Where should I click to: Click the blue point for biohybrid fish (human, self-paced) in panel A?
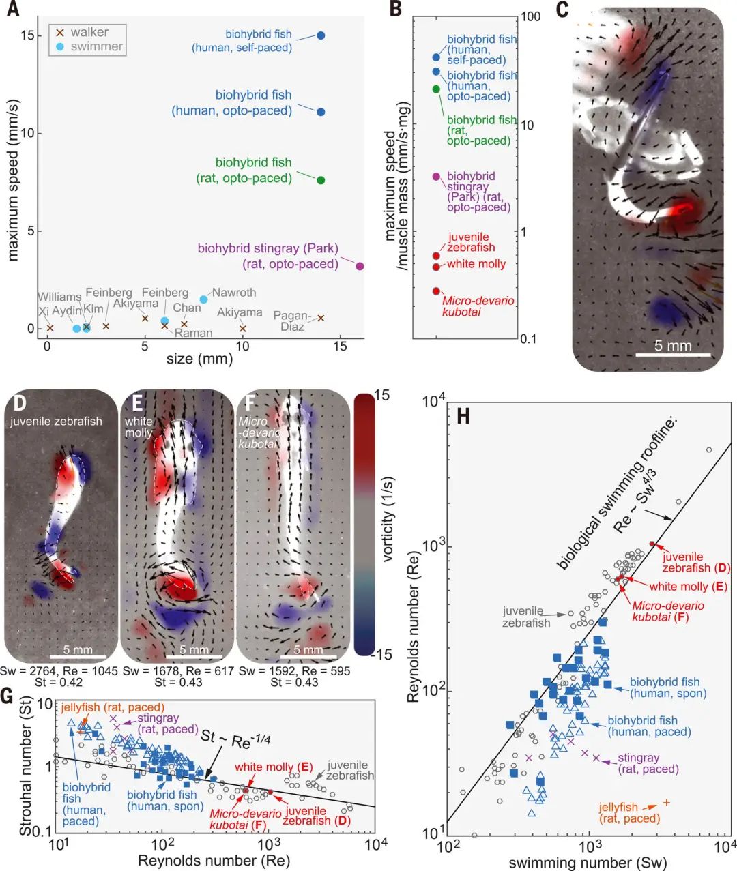point(321,35)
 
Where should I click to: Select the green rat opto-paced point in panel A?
point(321,180)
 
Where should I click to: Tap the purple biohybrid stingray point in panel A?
point(360,266)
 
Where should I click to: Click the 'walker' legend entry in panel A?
point(89,32)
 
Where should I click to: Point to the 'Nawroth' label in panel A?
point(234,293)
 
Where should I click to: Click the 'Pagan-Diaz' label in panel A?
point(292,321)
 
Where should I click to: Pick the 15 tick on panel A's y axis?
point(27,35)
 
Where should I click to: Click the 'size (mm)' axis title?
point(199,357)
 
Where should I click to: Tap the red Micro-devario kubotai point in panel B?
point(436,291)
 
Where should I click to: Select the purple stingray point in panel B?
point(436,177)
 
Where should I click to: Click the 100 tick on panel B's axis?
point(530,16)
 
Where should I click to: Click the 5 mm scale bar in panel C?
point(674,355)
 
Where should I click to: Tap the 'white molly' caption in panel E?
point(139,427)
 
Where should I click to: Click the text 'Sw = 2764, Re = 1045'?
point(59,671)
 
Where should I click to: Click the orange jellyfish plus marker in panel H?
point(666,803)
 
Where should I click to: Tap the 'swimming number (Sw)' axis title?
point(588,862)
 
